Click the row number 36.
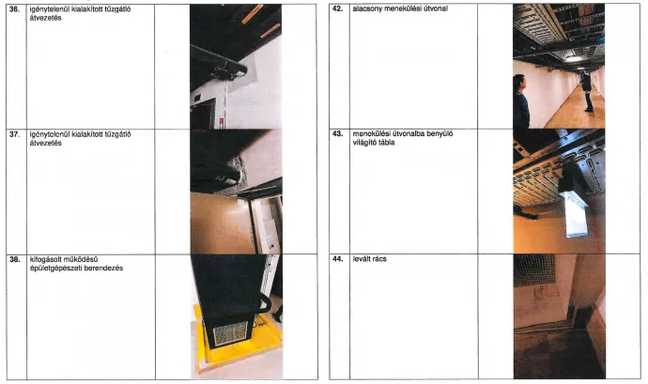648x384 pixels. tap(14, 9)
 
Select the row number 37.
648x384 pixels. tap(14, 134)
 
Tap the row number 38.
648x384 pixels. tap(14, 259)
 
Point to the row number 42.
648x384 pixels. tap(338, 8)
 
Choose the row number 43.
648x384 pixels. tap(338, 134)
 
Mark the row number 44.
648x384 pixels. tap(338, 259)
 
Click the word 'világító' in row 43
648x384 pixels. tap(363, 143)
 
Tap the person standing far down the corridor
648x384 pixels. tap(587, 91)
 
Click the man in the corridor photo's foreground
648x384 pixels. tap(520, 101)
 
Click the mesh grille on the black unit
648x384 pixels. tap(230, 333)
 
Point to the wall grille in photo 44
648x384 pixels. tap(534, 269)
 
